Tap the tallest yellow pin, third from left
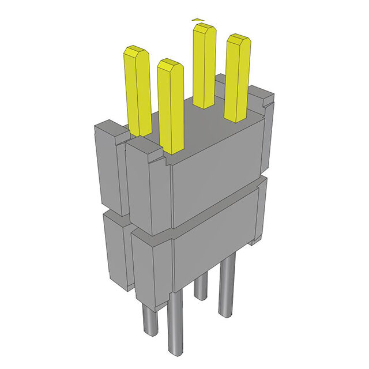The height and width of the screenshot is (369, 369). pyautogui.click(x=204, y=66)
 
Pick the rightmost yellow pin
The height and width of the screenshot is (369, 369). pyautogui.click(x=237, y=78)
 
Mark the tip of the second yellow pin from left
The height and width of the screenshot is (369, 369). pyautogui.click(x=170, y=63)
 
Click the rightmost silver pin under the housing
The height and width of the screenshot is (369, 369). pyautogui.click(x=228, y=285)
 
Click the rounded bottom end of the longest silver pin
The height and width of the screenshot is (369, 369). pyautogui.click(x=175, y=351)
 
